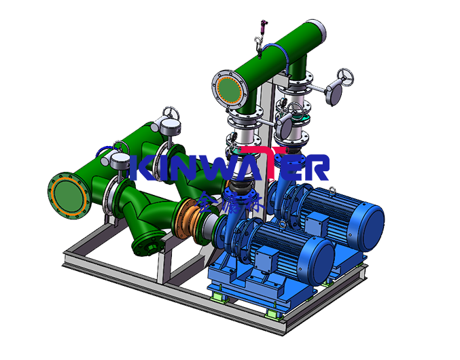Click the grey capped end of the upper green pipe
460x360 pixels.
pyautogui.click(x=317, y=31)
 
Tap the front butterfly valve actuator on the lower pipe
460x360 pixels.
pyautogui.click(x=121, y=160)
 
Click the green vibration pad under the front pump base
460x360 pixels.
pyautogui.click(x=219, y=295)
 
